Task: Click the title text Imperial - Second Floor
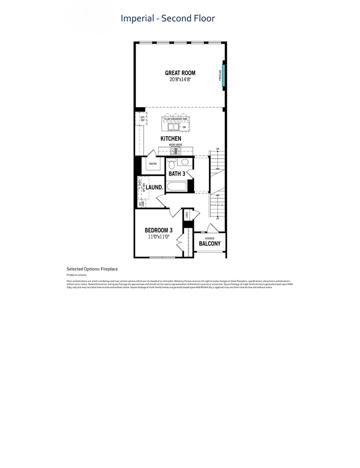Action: pyautogui.click(x=168, y=18)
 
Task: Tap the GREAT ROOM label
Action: pyautogui.click(x=180, y=73)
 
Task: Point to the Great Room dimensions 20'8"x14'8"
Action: pyautogui.click(x=180, y=79)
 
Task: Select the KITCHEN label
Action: pyautogui.click(x=171, y=139)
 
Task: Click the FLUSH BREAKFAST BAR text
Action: pyautogui.click(x=176, y=119)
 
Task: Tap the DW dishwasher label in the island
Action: pyautogui.click(x=184, y=127)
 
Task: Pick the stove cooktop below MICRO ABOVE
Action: pyautogui.click(x=176, y=151)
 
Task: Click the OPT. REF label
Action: pyautogui.click(x=142, y=120)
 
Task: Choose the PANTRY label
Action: pyautogui.click(x=152, y=164)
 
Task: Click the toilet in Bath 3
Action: pyautogui.click(x=172, y=165)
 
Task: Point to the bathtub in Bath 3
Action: pyautogui.click(x=177, y=186)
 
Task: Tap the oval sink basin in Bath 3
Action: pyautogui.click(x=185, y=162)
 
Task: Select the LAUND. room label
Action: pyautogui.click(x=154, y=187)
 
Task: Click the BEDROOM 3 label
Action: pyautogui.click(x=159, y=230)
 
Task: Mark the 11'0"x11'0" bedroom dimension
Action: pyautogui.click(x=159, y=237)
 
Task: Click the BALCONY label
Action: pyautogui.click(x=210, y=243)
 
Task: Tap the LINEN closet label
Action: pyautogui.click(x=187, y=215)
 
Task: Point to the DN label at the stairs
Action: pyautogui.click(x=218, y=149)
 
